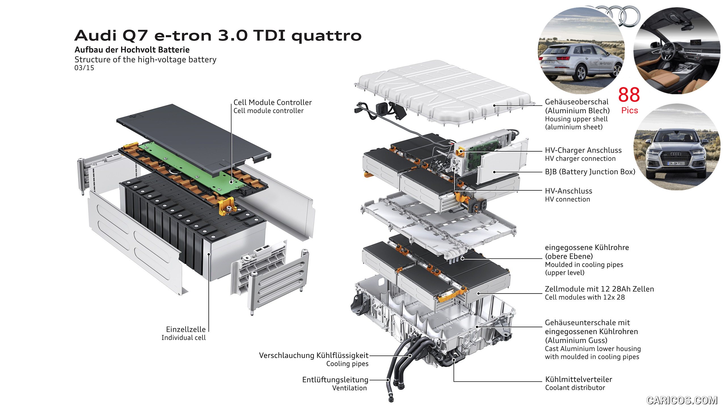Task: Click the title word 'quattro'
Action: coord(326,36)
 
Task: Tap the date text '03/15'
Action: coord(84,68)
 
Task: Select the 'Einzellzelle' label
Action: coord(186,329)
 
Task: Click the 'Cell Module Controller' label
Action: coord(272,102)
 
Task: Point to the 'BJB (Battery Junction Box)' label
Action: coord(590,172)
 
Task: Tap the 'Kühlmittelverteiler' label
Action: coord(579,379)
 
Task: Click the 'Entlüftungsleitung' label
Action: coord(335,380)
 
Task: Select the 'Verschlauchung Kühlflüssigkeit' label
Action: coord(314,355)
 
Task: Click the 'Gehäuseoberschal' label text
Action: coord(577,102)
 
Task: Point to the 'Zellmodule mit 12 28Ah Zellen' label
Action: coord(599,289)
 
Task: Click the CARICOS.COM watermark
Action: coord(682,400)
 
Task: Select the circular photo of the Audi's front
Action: coord(676,147)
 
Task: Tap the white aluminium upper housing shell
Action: coord(442,91)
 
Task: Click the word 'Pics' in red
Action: coord(629,110)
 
